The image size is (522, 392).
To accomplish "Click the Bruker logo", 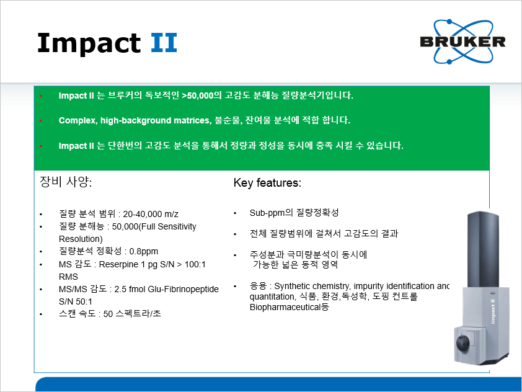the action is click(462, 42).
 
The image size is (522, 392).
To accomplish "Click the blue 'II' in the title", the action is click(164, 43).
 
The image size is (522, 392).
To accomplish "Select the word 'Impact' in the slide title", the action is click(89, 43).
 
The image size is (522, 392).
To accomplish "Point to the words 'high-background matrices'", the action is click(156, 120).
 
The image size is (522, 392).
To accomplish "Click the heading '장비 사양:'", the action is click(66, 182).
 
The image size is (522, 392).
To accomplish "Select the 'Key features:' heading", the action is click(267, 183).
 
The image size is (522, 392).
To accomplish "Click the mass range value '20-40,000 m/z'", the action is click(151, 214).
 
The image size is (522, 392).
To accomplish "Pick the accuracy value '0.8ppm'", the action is click(143, 251).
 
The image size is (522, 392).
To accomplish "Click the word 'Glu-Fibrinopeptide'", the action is click(183, 289).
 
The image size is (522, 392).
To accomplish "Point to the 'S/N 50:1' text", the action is click(75, 301).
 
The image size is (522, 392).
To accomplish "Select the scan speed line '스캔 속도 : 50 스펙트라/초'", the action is click(110, 314).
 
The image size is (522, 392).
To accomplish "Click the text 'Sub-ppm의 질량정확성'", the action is click(294, 213).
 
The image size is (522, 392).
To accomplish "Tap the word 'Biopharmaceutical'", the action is click(285, 307).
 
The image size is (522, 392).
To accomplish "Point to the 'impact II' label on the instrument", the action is click(493, 311).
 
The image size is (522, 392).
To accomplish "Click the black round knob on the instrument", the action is click(463, 344).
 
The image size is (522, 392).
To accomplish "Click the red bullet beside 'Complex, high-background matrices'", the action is click(41, 120).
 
